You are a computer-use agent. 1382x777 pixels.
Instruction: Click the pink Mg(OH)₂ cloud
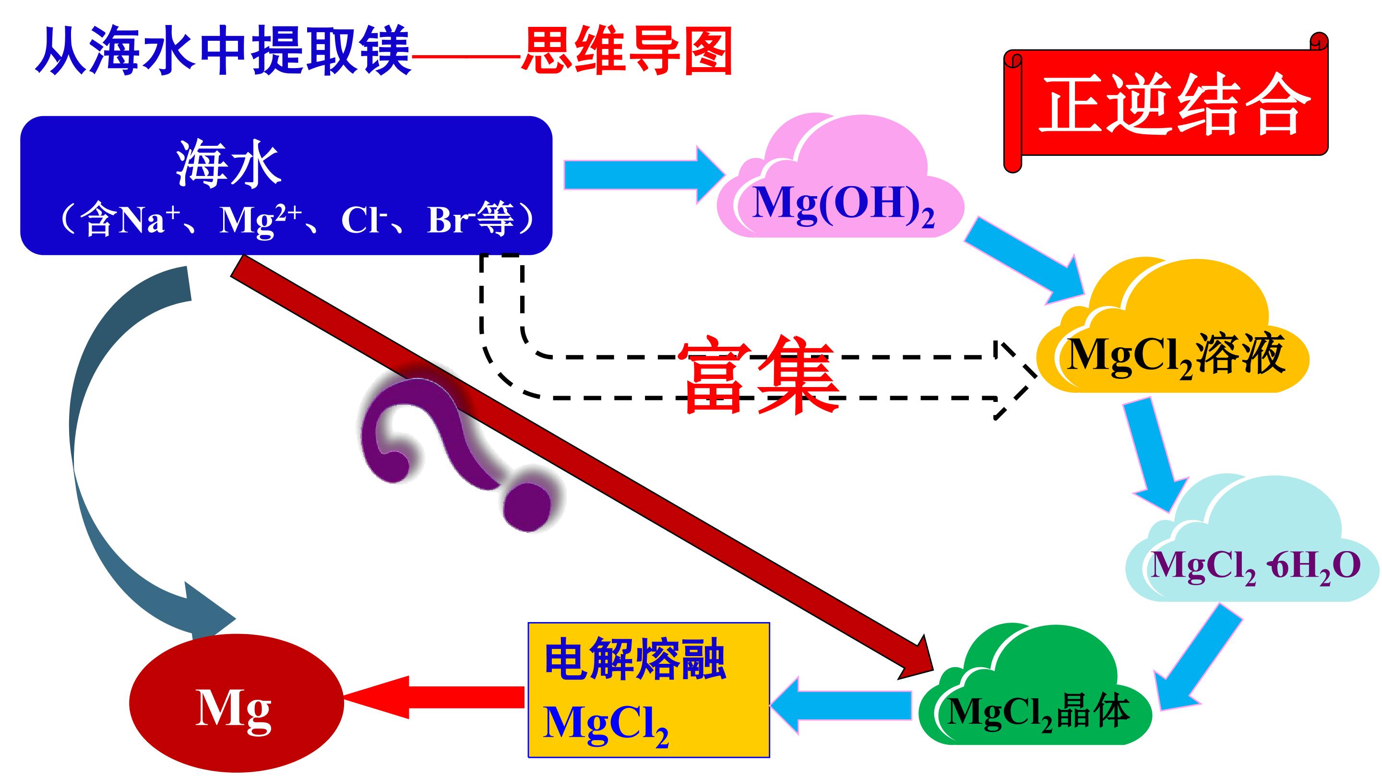[841, 177]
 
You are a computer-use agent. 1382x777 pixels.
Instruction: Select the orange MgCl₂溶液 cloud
[1172, 327]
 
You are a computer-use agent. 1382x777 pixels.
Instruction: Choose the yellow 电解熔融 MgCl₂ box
[649, 690]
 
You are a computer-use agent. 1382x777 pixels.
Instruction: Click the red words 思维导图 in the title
[627, 51]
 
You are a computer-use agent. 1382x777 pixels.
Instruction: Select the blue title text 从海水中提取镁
[223, 51]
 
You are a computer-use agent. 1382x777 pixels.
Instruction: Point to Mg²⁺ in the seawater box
[261, 219]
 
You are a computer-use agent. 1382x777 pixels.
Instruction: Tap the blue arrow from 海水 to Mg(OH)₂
[644, 175]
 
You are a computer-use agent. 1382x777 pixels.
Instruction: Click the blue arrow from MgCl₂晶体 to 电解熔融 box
[840, 705]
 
